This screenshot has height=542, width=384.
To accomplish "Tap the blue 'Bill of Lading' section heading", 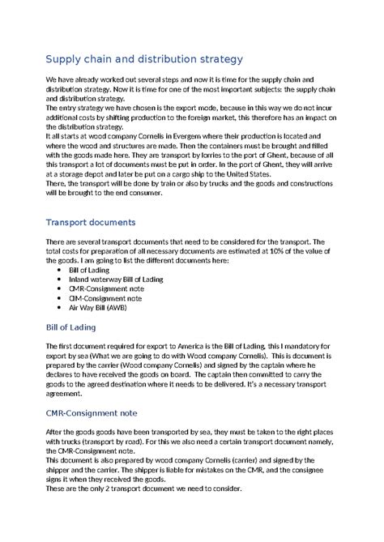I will (x=70, y=327).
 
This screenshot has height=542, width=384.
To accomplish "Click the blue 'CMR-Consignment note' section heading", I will (x=91, y=413).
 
